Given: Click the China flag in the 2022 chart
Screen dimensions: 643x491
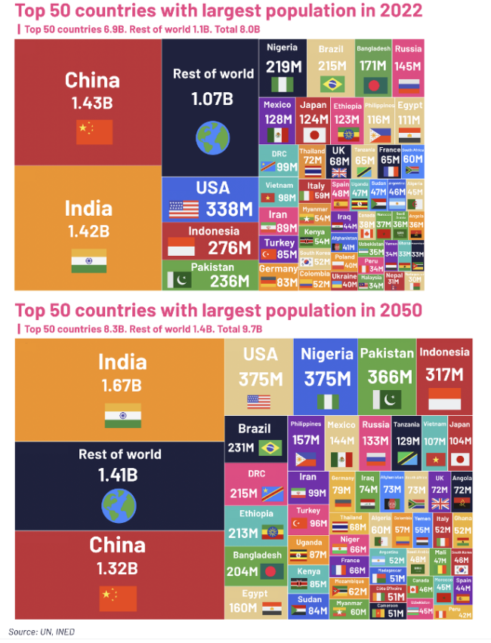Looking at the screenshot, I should (94, 131).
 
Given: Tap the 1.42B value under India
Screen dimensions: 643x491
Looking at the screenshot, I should (88, 230).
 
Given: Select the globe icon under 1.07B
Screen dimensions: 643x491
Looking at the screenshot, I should (212, 137).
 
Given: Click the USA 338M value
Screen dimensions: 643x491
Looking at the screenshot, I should (230, 209).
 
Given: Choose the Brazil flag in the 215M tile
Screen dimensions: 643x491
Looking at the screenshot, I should (332, 84).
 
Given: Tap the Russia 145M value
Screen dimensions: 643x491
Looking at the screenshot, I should (408, 66).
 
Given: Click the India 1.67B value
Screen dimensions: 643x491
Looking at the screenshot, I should (121, 386).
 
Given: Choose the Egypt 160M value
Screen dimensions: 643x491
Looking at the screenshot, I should (243, 608).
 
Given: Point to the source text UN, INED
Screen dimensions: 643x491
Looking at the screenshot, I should (58, 632).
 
